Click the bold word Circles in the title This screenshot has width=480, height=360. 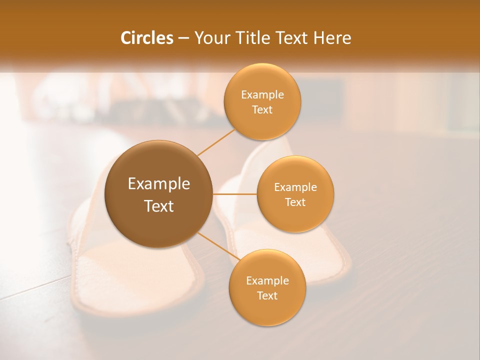146,38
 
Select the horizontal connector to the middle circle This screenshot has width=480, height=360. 234,194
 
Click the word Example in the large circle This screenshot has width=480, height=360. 158,184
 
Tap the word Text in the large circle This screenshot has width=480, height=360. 158,206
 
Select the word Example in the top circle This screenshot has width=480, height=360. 262,95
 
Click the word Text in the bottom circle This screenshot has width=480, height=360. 267,295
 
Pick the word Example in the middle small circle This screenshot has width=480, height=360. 295,187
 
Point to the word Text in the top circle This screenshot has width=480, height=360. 262,109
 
